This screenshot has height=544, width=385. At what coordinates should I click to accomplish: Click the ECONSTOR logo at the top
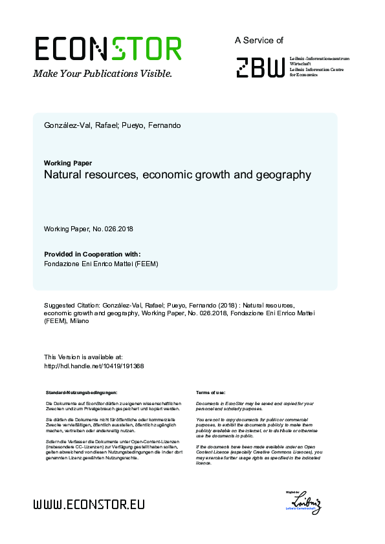click(x=107, y=49)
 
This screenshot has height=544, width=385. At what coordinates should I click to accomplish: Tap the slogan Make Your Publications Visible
click(x=103, y=74)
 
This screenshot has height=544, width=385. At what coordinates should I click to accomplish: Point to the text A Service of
click(x=259, y=40)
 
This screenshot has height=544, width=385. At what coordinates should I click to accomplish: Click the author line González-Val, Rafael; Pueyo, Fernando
click(x=112, y=125)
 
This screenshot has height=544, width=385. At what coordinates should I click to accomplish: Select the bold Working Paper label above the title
click(x=67, y=163)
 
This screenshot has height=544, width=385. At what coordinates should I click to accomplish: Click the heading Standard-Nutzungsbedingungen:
click(x=82, y=392)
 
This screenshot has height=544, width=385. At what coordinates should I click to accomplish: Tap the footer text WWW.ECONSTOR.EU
click(x=89, y=504)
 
